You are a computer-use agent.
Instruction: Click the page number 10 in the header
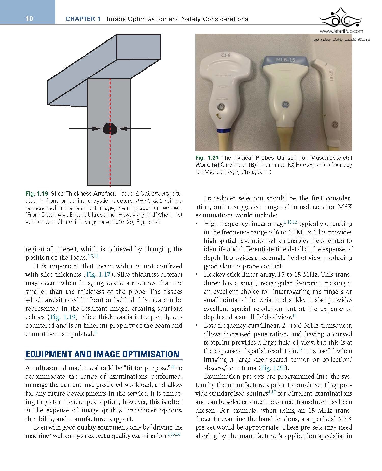[29, 19]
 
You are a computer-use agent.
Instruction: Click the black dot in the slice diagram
[110, 129]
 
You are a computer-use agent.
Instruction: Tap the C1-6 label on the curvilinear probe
[226, 55]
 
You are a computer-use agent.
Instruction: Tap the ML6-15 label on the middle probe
[285, 60]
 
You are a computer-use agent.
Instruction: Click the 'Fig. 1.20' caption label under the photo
[207, 158]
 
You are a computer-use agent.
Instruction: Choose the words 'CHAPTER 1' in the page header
[83, 19]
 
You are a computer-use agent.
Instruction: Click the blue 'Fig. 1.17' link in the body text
[98, 274]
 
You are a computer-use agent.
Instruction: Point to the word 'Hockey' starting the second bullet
[214, 275]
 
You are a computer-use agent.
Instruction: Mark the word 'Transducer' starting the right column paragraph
[221, 198]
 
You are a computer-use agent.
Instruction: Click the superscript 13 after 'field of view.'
[295, 316]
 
